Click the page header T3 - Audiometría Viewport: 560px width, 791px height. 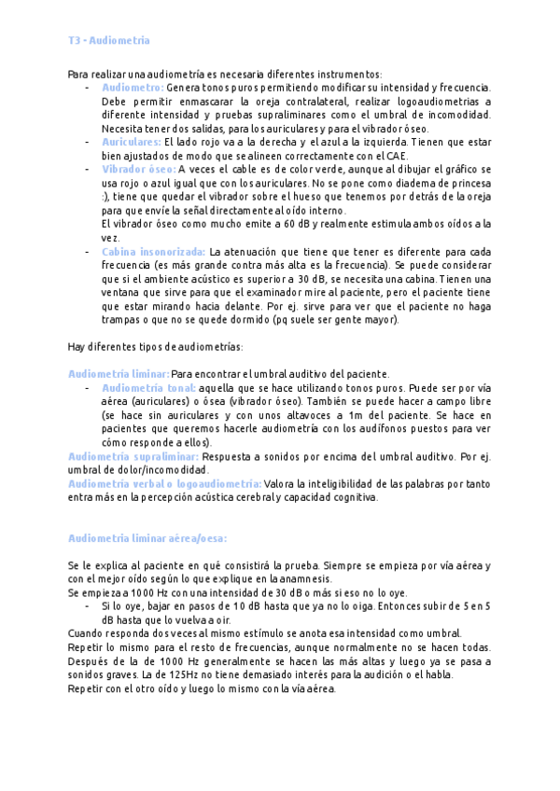[x=108, y=41]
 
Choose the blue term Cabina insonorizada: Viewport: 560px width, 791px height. [x=153, y=252]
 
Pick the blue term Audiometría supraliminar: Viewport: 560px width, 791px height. [x=133, y=456]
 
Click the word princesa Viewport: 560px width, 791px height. [x=466, y=183]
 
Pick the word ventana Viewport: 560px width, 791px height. [x=122, y=293]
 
